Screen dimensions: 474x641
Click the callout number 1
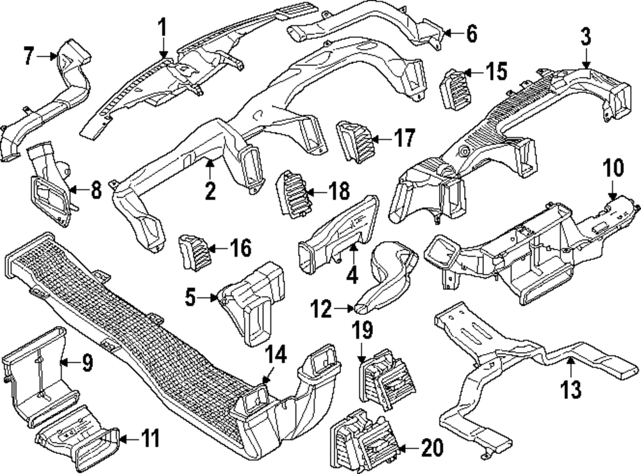point(162,28)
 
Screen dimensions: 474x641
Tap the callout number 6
point(472,34)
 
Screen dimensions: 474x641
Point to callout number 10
point(613,169)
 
